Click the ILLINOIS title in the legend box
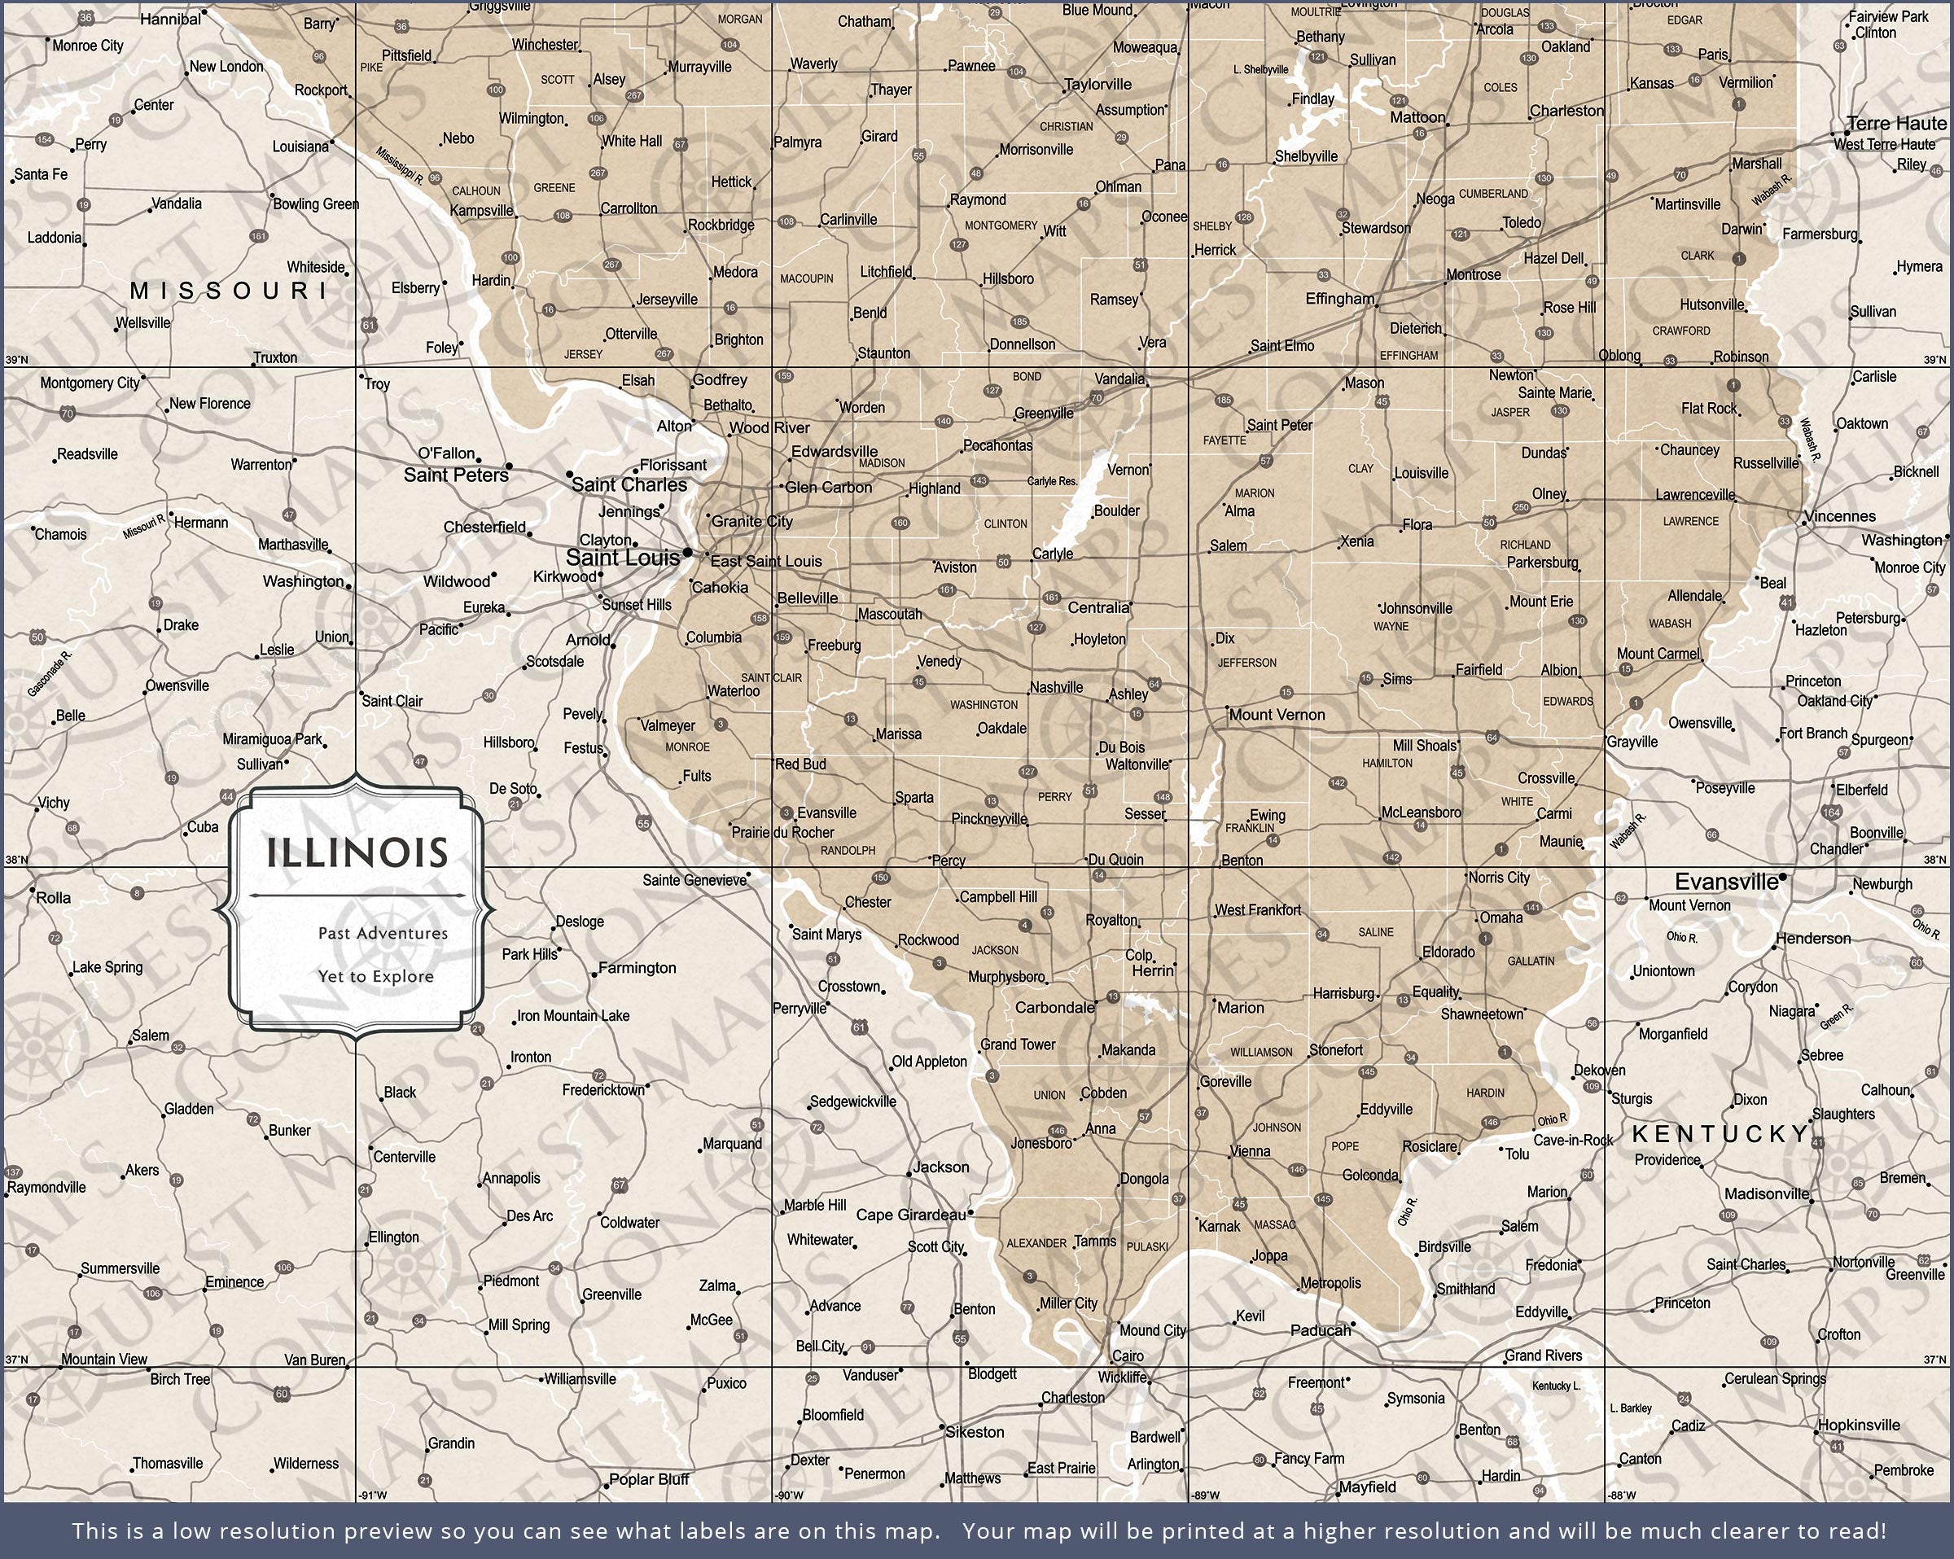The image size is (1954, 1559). point(357,853)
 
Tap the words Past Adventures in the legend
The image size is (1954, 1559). point(383,933)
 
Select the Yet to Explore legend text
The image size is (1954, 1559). point(375,976)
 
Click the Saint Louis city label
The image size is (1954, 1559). point(622,558)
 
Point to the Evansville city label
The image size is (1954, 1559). point(1725,882)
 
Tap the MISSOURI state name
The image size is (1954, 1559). point(230,290)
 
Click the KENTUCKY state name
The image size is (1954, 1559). point(1720,1134)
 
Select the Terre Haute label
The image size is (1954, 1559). point(1897,123)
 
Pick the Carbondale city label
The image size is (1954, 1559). point(1054,1007)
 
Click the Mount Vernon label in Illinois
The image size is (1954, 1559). point(1276,714)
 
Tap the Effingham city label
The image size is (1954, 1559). point(1339,298)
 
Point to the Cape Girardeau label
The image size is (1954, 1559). point(911,1215)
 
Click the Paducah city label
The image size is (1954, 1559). point(1320,1329)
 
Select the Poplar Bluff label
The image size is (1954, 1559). point(649,1479)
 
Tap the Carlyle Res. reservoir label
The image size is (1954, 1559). point(1051,481)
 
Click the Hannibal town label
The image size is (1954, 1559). point(170,19)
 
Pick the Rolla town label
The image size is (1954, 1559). point(53,897)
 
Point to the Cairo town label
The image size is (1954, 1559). point(1128,1356)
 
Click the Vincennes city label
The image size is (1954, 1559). point(1839,516)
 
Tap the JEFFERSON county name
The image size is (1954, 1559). point(1246,663)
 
